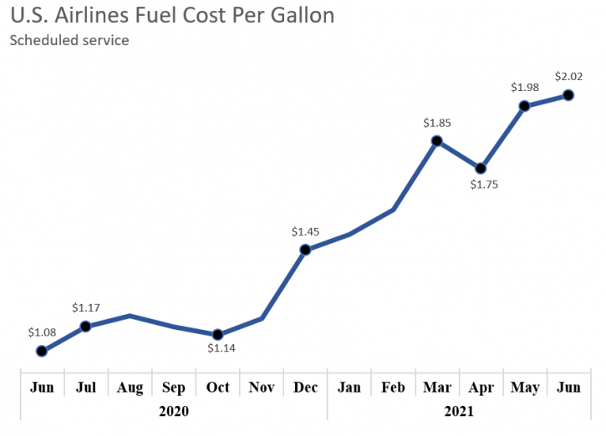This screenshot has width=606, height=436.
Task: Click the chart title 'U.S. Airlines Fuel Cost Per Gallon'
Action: [x=171, y=15]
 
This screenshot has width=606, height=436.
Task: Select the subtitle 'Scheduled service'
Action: [x=69, y=40]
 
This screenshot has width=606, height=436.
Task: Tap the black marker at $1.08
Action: [x=42, y=351]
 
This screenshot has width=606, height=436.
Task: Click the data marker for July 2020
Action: [x=85, y=327]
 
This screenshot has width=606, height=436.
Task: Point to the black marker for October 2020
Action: [x=218, y=334]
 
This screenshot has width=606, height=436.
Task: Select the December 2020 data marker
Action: [x=305, y=249]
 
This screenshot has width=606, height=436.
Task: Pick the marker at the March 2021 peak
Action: [x=436, y=140]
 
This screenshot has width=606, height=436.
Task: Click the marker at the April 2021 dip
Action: [x=481, y=168]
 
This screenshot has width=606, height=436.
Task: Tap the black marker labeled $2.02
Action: [x=568, y=95]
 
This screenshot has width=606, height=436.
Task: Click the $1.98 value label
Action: [x=525, y=88]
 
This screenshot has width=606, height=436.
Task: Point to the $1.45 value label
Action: [x=305, y=231]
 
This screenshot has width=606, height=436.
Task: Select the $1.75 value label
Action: [x=484, y=185]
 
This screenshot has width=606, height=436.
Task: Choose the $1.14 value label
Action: [x=222, y=348]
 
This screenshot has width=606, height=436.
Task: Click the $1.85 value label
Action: [x=437, y=123]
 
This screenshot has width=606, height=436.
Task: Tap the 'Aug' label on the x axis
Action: [x=130, y=387]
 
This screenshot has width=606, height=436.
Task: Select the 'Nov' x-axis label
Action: [x=262, y=387]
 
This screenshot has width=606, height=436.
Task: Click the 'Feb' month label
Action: [x=393, y=387]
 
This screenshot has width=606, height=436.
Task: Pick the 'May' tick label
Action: [x=524, y=387]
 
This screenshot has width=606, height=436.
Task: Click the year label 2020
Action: [x=174, y=411]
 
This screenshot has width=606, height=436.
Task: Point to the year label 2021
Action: [x=459, y=411]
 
